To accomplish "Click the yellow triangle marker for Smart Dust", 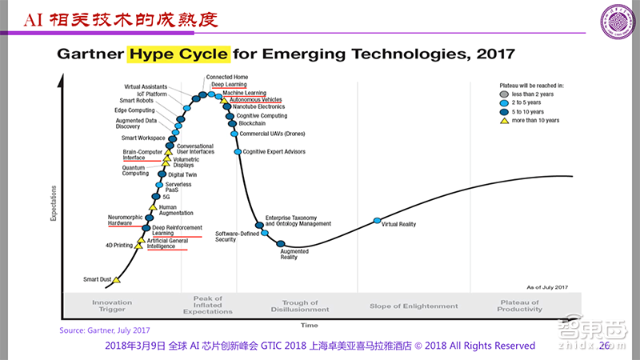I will point(116,280).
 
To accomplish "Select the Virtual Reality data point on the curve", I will point(377,221).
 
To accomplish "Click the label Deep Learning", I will point(229,84).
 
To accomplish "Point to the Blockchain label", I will point(253,123).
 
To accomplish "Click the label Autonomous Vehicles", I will point(256,99).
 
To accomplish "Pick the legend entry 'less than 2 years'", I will point(533,94).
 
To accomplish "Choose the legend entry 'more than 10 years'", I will point(536,120).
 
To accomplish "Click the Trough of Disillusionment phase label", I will point(301,306).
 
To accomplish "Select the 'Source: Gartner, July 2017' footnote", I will point(105,330).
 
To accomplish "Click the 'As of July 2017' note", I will point(547,286).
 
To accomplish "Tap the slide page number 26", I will point(604,346).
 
